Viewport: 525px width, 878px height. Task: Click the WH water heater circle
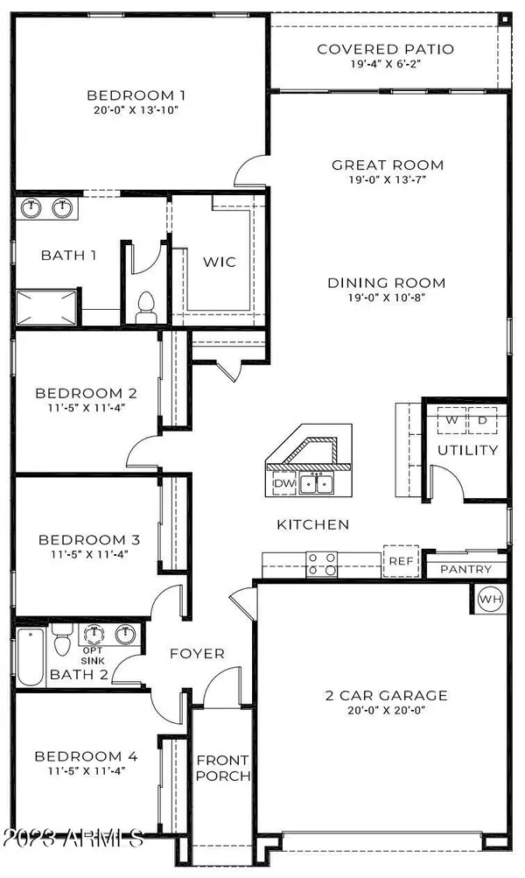click(x=491, y=599)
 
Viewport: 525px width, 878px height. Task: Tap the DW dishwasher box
click(x=283, y=484)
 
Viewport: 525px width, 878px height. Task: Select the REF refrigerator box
click(x=401, y=561)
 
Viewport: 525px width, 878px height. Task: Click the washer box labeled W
click(x=451, y=420)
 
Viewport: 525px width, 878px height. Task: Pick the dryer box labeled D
click(x=482, y=420)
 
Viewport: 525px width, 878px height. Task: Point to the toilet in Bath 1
click(x=147, y=307)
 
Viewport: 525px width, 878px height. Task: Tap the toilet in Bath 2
click(x=61, y=640)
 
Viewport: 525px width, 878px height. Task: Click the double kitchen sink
click(x=316, y=483)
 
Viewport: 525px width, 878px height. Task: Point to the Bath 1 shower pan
click(x=45, y=307)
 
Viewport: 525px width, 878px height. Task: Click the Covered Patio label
click(x=386, y=49)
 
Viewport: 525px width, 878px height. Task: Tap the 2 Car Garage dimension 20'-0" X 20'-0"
click(x=386, y=710)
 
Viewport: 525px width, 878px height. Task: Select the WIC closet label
click(x=220, y=262)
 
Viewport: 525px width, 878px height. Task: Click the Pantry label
click(x=465, y=570)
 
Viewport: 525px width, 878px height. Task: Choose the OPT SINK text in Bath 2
click(x=93, y=656)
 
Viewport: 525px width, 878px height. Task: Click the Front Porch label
click(x=223, y=769)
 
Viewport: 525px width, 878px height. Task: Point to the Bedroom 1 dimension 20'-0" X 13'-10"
click(x=136, y=109)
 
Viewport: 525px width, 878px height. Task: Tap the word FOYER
click(x=197, y=653)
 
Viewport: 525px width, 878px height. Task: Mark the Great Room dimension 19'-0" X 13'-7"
click(x=388, y=179)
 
